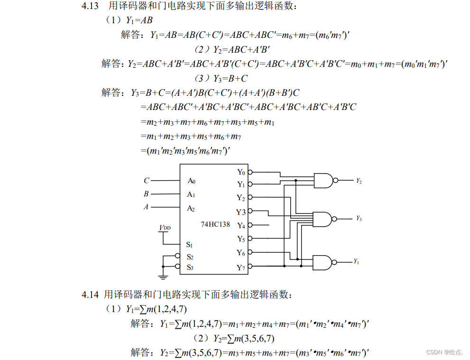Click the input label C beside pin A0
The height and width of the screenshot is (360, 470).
pos(147,181)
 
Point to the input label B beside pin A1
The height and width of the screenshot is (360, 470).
pos(146,194)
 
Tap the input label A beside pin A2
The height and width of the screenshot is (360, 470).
pos(146,207)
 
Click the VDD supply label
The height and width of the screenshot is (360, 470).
pos(165,228)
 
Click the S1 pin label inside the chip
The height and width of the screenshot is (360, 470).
pos(189,245)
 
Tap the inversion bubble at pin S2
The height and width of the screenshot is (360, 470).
pos(178,257)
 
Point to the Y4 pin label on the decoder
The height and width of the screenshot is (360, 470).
pos(241,225)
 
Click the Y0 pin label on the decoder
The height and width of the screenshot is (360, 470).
pos(241,172)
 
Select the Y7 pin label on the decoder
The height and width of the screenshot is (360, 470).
pos(241,268)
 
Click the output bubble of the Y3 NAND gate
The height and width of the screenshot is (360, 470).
pos(336,219)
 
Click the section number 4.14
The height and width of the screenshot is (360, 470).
pos(90,295)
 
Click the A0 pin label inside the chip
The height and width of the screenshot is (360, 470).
pos(191,181)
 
